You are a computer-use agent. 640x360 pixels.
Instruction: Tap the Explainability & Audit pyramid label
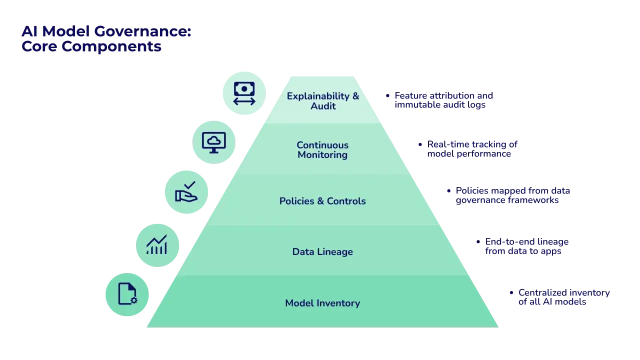point(323,101)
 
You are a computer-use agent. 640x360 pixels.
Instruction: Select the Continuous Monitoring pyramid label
point(322,149)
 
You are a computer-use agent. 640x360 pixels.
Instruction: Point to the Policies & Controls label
point(322,201)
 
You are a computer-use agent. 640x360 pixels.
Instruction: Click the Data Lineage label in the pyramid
point(322,251)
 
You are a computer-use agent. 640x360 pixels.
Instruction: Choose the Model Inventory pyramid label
point(322,303)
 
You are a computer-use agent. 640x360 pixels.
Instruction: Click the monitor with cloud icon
point(213,142)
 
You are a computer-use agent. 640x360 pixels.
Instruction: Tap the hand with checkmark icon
point(186,191)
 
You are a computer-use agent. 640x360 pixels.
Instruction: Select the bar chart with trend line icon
point(157,245)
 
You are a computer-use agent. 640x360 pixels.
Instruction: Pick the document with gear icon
point(127,294)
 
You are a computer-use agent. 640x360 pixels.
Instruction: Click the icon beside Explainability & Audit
point(244,93)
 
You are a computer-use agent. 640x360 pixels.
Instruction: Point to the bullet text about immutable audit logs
point(443,100)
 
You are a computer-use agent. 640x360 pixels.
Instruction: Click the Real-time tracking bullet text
point(472,149)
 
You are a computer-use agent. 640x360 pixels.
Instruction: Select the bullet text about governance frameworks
point(513,195)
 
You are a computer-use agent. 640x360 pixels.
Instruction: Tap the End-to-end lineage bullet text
point(527,246)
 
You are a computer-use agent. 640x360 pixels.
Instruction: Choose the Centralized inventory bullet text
point(564,297)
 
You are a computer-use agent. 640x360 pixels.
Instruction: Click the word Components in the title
point(111,46)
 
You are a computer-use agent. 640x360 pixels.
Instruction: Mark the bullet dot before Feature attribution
point(387,95)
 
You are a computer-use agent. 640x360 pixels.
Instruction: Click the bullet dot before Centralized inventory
point(511,292)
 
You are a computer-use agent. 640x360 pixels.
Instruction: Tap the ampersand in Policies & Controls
point(320,201)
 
